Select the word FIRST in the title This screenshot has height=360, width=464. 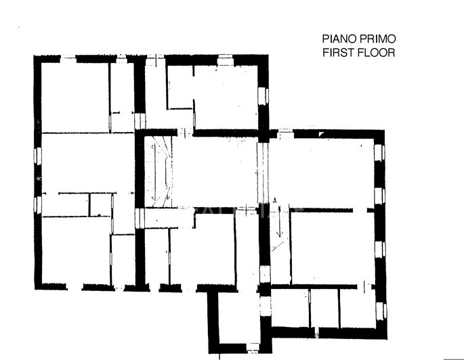(336, 52)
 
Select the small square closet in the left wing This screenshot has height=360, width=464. (100, 204)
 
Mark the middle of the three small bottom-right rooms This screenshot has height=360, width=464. (324, 308)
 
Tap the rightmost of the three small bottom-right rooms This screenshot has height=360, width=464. (357, 308)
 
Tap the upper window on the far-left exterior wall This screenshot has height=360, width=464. (38, 156)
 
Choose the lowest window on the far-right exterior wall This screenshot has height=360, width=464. (380, 311)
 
